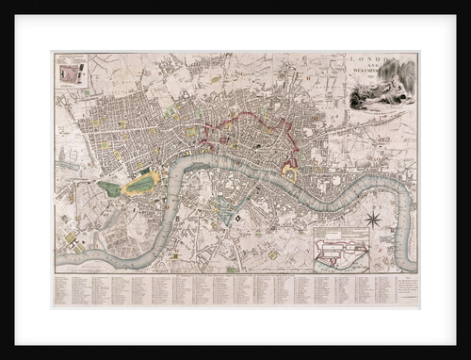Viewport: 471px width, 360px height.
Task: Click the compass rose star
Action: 372,221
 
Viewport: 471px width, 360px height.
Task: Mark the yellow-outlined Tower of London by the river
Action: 291,175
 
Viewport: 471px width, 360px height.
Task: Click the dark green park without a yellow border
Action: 109,188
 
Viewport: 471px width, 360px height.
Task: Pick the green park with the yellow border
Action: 141,182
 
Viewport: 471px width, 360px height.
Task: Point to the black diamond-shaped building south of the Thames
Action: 239,219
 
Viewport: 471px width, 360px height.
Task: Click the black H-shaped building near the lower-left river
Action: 72,248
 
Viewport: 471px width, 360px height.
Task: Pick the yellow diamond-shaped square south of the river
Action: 273,254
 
